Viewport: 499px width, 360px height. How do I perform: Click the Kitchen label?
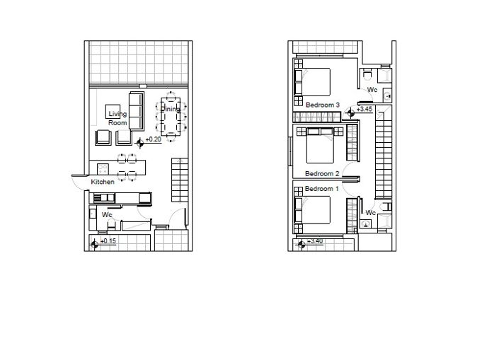pos(103,182)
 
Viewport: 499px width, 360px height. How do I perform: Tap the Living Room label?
pos(117,119)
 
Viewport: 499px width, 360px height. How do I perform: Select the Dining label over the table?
pos(171,110)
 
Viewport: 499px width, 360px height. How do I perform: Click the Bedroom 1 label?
pos(322,189)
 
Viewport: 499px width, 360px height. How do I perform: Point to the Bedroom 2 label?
pos(322,173)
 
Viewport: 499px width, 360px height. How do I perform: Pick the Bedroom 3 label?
pos(323,105)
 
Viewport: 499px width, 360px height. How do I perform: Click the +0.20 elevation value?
pos(154,140)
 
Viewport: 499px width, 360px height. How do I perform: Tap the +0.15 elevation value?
pos(108,242)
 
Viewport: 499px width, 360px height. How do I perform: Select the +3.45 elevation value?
pos(364,109)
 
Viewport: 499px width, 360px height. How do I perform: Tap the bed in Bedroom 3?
pos(316,81)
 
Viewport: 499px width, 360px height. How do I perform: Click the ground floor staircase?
pos(180,181)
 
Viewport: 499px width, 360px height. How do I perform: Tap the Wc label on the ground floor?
pos(107,214)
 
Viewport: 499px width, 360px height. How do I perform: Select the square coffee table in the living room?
pos(113,111)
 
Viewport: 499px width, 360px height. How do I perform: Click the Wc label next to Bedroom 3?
pos(372,90)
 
